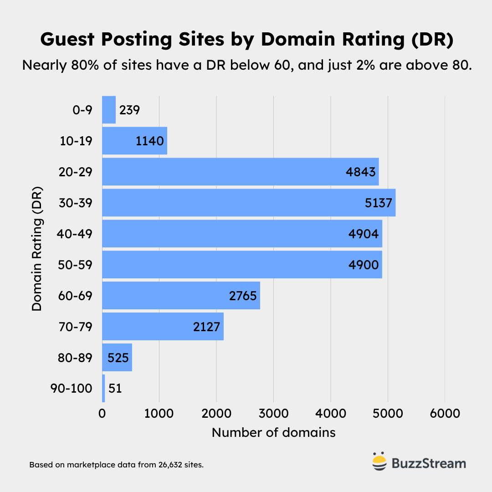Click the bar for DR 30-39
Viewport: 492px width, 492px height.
(x=248, y=203)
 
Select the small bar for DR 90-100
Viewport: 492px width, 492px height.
(x=103, y=389)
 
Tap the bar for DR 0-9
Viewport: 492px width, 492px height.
(x=108, y=110)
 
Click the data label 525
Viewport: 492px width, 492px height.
(x=118, y=358)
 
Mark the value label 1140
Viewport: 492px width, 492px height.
(x=149, y=141)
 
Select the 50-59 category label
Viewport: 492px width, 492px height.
(x=76, y=265)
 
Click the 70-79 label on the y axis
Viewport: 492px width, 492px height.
(x=76, y=327)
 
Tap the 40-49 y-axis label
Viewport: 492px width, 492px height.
(x=76, y=234)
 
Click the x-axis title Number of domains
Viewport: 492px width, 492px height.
(x=273, y=432)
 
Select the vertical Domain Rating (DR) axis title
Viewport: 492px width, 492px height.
(x=37, y=248)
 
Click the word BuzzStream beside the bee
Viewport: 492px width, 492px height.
(x=429, y=464)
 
